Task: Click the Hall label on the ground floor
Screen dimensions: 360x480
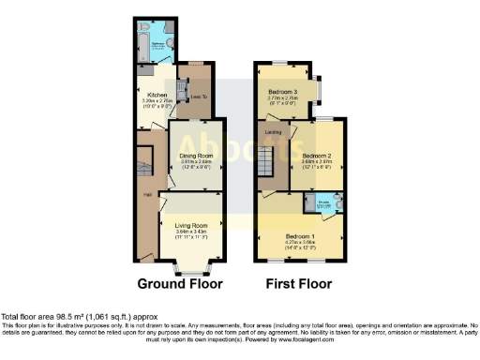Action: pos(146,194)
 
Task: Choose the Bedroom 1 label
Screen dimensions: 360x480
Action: pos(300,235)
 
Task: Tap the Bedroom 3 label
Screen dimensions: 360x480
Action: pos(282,91)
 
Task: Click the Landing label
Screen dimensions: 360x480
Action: pos(274,132)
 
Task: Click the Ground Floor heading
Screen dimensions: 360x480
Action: pos(180,282)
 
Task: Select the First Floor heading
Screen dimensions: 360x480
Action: pos(300,282)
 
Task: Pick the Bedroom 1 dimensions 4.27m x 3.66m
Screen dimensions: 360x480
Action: pos(300,242)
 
